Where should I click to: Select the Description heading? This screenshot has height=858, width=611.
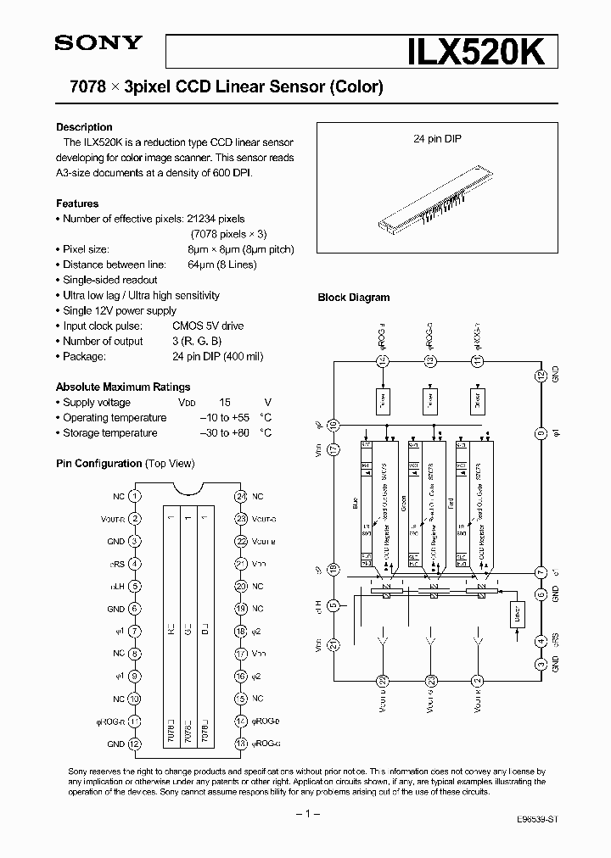[x=84, y=127]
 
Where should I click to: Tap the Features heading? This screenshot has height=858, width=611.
[x=77, y=203]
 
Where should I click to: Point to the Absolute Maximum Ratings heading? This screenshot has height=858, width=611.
[x=123, y=387]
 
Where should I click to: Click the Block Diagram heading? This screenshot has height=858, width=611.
[x=354, y=298]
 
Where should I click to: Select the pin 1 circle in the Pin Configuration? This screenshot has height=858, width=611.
[x=135, y=496]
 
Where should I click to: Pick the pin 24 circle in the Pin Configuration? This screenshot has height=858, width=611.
[x=242, y=496]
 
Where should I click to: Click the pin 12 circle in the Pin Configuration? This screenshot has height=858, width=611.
[x=135, y=744]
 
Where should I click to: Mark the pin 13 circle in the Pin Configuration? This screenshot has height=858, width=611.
[x=242, y=744]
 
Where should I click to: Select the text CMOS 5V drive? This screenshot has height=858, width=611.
[x=209, y=326]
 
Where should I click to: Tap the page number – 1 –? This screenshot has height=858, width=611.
[x=305, y=814]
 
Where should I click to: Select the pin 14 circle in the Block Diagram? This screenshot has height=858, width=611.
[x=383, y=362]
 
